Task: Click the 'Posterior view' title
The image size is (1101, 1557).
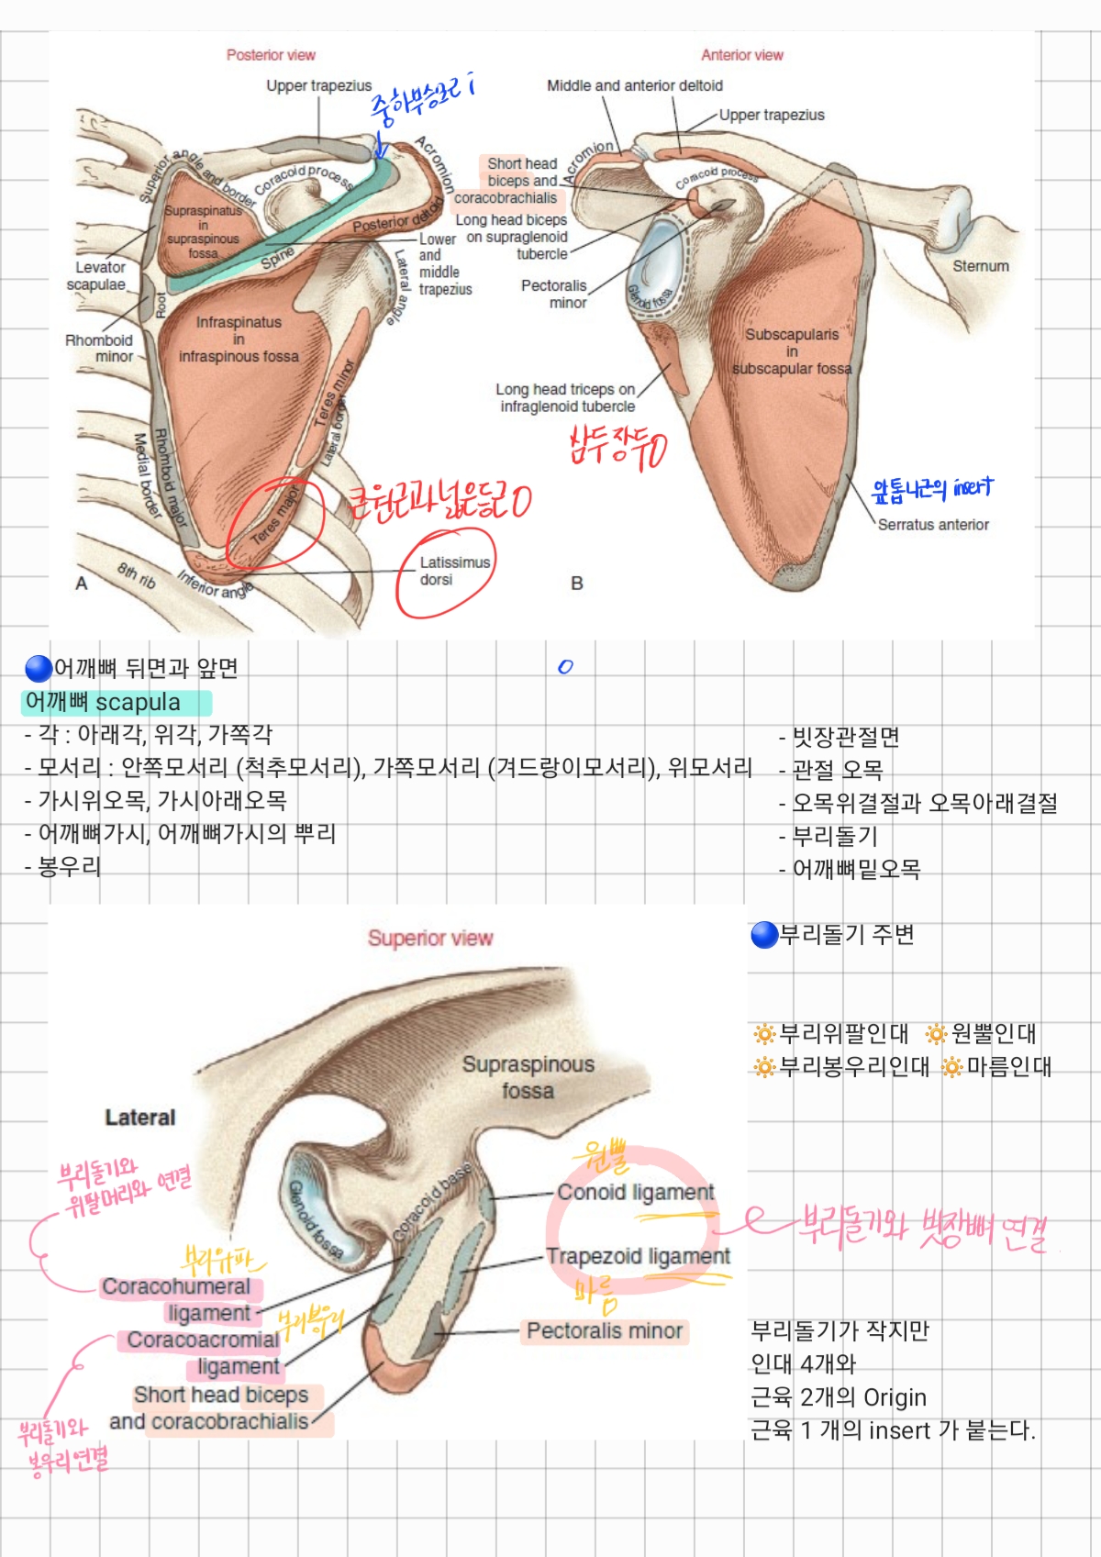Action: tap(271, 55)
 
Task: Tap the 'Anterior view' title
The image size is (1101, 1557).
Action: tap(742, 55)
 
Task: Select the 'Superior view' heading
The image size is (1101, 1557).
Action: tap(430, 938)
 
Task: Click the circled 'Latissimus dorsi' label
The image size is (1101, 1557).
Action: tap(454, 571)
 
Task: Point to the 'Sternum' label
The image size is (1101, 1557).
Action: tap(980, 266)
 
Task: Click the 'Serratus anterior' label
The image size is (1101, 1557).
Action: tap(933, 525)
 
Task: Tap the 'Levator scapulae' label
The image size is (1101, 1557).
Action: tap(96, 276)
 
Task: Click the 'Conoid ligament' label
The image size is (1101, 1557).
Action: tap(636, 1192)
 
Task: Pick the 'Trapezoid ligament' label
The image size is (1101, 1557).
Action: tap(639, 1256)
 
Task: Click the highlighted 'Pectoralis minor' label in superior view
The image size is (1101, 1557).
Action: tap(605, 1331)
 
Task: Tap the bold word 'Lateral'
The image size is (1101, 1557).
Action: tap(139, 1118)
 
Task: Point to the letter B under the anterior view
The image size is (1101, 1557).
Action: tap(577, 584)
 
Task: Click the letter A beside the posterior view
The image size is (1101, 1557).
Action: tap(82, 584)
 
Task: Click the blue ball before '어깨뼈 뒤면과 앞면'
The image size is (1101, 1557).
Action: tap(39, 669)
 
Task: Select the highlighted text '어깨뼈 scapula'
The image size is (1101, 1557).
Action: tap(103, 703)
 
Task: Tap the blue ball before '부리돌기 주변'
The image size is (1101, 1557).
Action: tap(764, 935)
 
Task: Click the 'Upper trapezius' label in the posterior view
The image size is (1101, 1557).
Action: tap(319, 86)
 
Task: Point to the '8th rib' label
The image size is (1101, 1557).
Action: tap(137, 576)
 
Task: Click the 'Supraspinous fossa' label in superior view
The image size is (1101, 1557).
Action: tap(528, 1078)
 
